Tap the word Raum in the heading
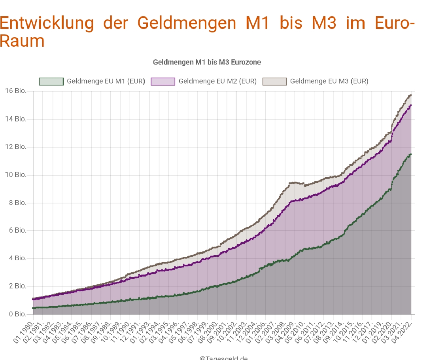tap(22, 41)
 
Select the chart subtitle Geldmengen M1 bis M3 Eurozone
tap(207, 62)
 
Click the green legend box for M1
tap(51, 81)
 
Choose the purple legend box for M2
tap(163, 81)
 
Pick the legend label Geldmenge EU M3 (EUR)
tap(329, 81)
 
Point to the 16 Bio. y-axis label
tap(16, 91)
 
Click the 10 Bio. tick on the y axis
tap(16, 175)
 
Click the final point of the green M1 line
tap(411, 154)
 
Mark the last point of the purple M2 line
tap(411, 105)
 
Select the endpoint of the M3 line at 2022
tap(411, 95)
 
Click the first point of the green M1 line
tap(33, 308)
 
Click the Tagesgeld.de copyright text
tap(224, 358)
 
